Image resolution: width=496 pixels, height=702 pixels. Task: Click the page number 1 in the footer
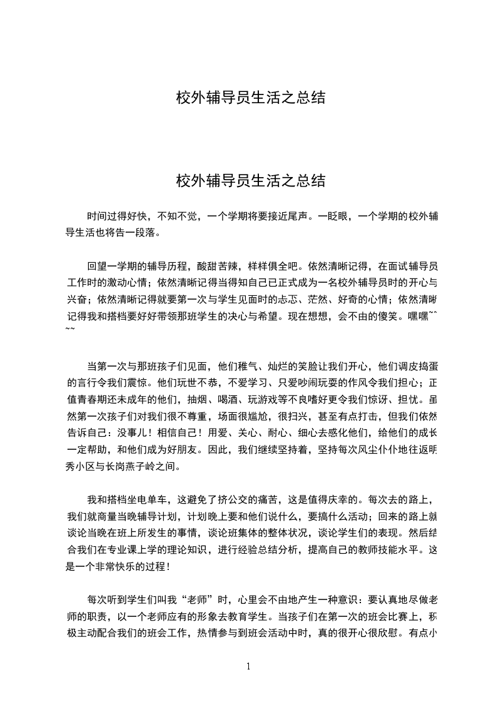coord(249,666)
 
